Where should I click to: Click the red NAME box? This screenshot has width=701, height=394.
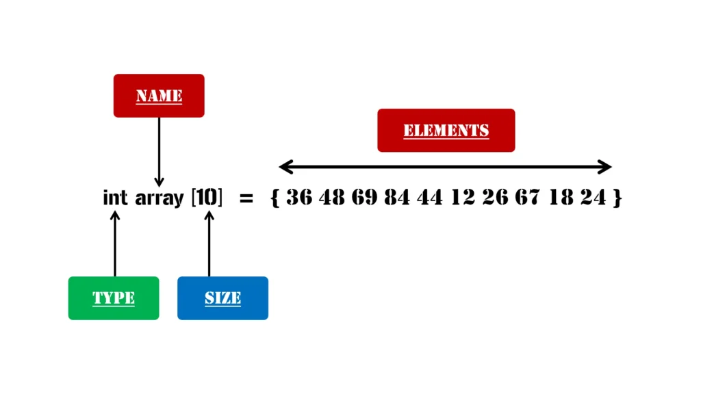pyautogui.click(x=159, y=96)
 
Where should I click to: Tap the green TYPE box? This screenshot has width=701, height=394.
pyautogui.click(x=114, y=298)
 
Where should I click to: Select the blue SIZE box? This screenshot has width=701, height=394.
pyautogui.click(x=222, y=298)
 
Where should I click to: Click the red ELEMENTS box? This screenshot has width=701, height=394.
pyautogui.click(x=446, y=130)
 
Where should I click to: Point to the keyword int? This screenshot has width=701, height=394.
pyautogui.click(x=115, y=198)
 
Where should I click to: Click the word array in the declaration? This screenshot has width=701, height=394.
pyautogui.click(x=159, y=198)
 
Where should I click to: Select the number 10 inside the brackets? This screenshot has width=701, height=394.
pyautogui.click(x=207, y=198)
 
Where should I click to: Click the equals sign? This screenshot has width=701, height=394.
pyautogui.click(x=246, y=198)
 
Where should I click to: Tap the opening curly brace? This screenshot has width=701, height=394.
pyautogui.click(x=275, y=198)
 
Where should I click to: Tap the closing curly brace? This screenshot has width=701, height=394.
pyautogui.click(x=617, y=198)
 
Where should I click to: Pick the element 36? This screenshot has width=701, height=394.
pyautogui.click(x=298, y=198)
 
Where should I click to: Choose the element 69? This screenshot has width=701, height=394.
pyautogui.click(x=364, y=198)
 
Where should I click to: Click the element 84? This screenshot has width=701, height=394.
pyautogui.click(x=397, y=198)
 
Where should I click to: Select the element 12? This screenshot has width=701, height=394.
pyautogui.click(x=463, y=198)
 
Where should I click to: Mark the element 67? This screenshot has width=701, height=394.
pyautogui.click(x=527, y=198)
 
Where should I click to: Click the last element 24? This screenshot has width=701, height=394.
pyautogui.click(x=593, y=198)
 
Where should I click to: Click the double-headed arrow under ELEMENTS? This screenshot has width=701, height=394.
pyautogui.click(x=446, y=167)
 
